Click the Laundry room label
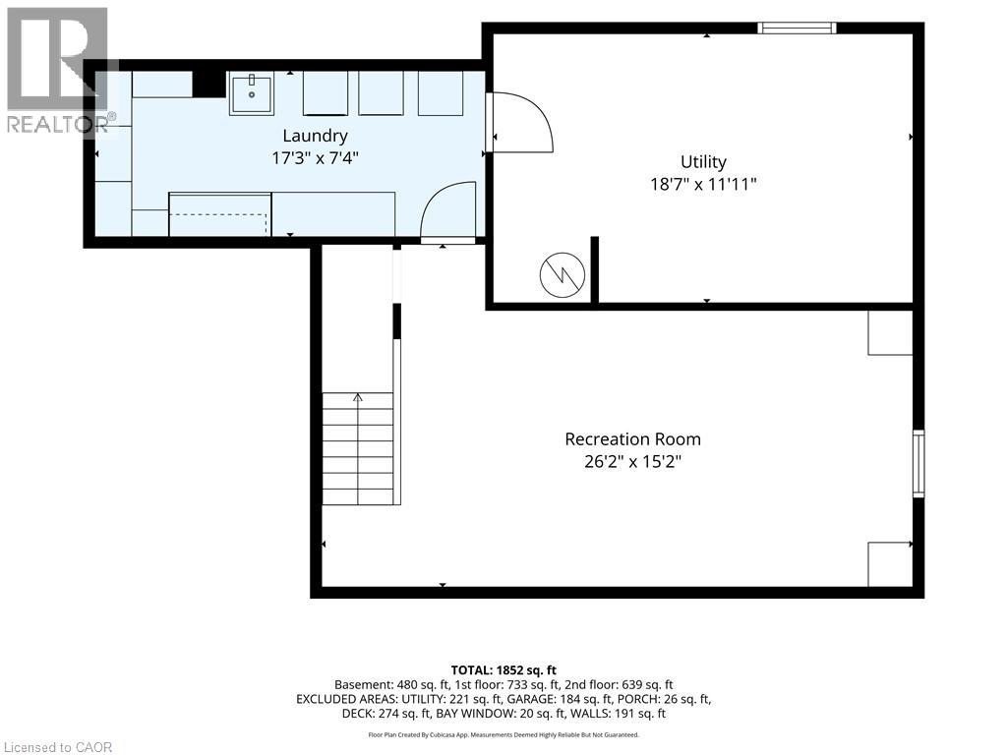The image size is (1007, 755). [x=316, y=136]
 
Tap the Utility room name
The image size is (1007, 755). [x=703, y=162]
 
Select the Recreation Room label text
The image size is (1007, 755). [x=632, y=439]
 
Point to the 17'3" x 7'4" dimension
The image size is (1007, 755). [x=315, y=158]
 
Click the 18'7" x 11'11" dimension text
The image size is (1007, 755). [x=703, y=184]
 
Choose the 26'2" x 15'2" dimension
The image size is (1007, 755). [x=632, y=462]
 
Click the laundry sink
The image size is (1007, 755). [x=251, y=93]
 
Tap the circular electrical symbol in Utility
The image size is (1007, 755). [x=562, y=274]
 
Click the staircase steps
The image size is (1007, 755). [x=358, y=448]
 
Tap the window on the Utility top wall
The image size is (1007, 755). [x=797, y=28]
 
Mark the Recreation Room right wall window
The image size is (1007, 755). [x=918, y=464]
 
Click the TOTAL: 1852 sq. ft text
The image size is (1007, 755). [x=503, y=670]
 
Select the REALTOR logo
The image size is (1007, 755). [x=59, y=71]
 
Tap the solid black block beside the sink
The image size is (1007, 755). [x=208, y=85]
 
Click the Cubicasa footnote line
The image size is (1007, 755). [x=503, y=734]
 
